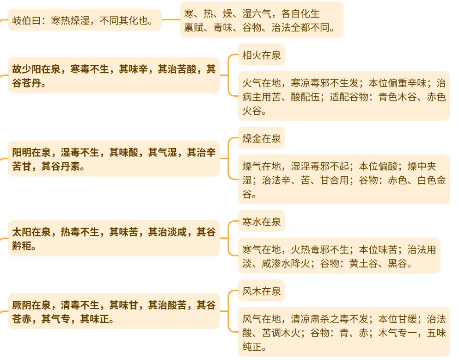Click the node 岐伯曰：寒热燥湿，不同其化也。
(85, 20)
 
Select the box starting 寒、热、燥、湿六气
(261, 20)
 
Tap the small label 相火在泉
(261, 56)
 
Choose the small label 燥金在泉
(261, 138)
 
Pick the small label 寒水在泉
(261, 221)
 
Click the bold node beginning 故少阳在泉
(114, 75)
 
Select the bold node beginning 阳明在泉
(114, 159)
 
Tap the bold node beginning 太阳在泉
(114, 238)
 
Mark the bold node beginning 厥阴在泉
(114, 311)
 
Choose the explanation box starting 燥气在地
(344, 180)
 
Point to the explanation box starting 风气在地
(344, 332)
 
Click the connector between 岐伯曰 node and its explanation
(171, 20)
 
